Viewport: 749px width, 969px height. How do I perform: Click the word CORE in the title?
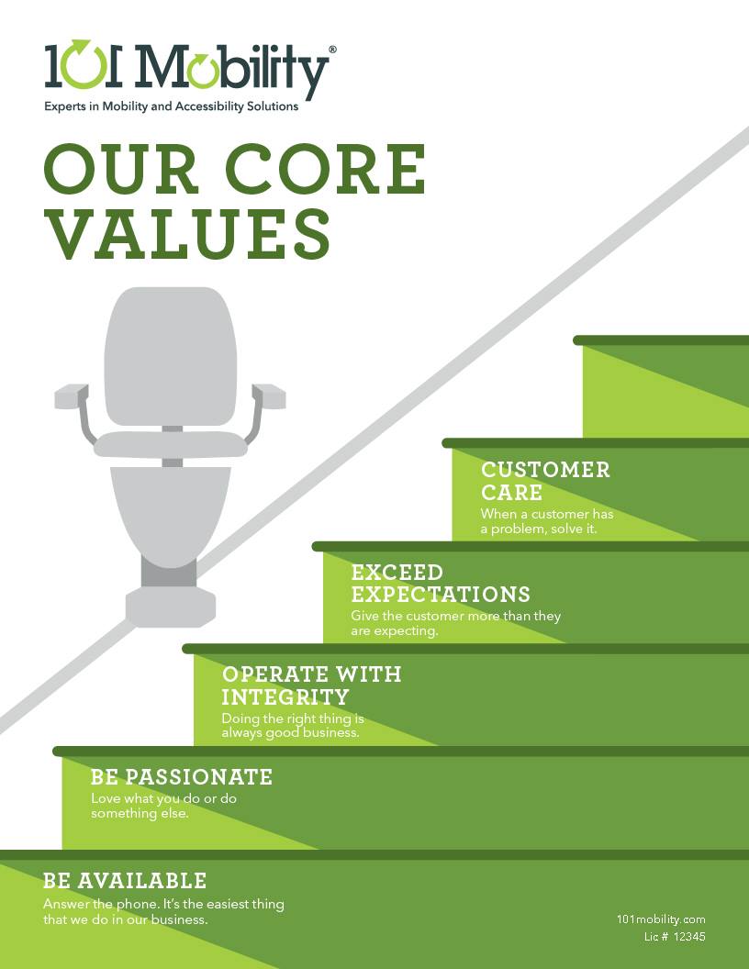coord(325,169)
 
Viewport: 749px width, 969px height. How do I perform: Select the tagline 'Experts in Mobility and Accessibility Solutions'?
coord(171,106)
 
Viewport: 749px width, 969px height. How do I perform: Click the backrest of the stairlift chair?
coord(170,356)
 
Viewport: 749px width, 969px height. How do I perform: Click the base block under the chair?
coord(171,607)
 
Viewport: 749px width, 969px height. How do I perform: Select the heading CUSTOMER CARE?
coord(545,481)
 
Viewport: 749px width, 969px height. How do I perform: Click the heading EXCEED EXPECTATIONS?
coord(441,583)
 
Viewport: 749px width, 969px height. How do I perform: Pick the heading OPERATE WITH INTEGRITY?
coord(311,685)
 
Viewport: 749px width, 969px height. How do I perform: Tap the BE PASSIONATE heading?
coord(182,777)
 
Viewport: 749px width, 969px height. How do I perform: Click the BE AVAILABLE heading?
coord(125,881)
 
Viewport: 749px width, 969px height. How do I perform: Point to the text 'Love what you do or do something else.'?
coord(163,806)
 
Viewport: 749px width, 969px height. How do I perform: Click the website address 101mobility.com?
coord(661,919)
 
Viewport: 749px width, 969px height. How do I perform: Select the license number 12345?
coord(689,937)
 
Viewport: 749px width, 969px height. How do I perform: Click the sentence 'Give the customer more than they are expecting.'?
coord(456,623)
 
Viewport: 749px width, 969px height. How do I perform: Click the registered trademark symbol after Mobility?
coord(332,49)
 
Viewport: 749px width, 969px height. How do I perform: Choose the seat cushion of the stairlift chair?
coord(171,444)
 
